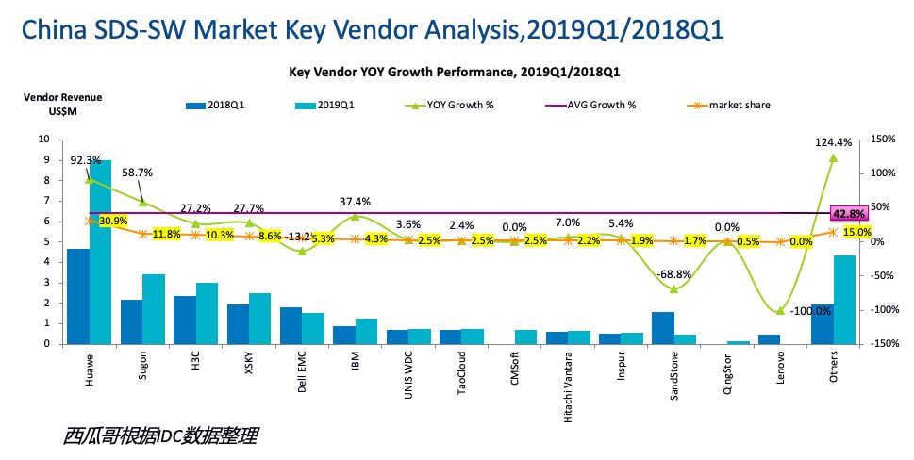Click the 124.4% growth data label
point(833,142)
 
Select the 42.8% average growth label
point(846,213)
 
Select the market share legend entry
point(740,105)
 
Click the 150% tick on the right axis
point(885,139)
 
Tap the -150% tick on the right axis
point(884,344)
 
